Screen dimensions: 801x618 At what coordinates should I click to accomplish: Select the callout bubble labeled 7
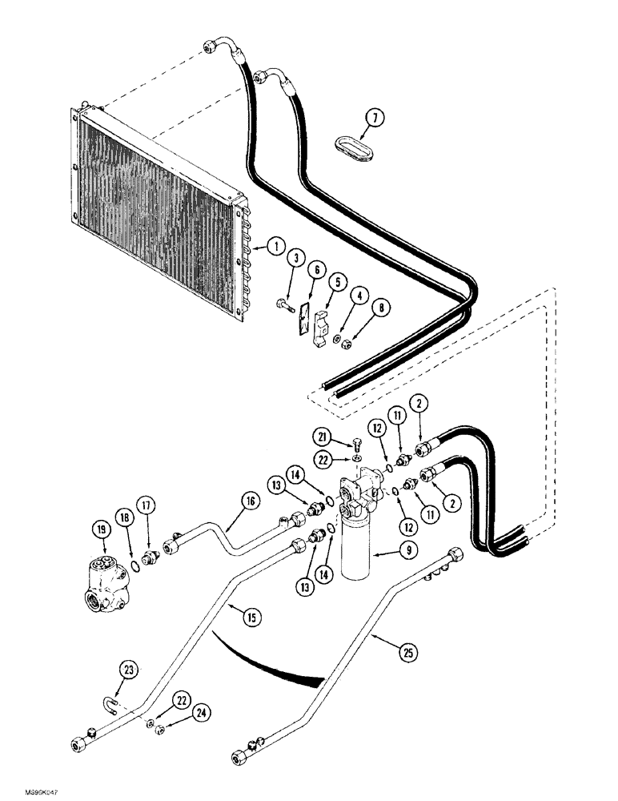pyautogui.click(x=372, y=119)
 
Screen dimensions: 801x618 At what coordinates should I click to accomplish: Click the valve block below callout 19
pyautogui.click(x=102, y=574)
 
